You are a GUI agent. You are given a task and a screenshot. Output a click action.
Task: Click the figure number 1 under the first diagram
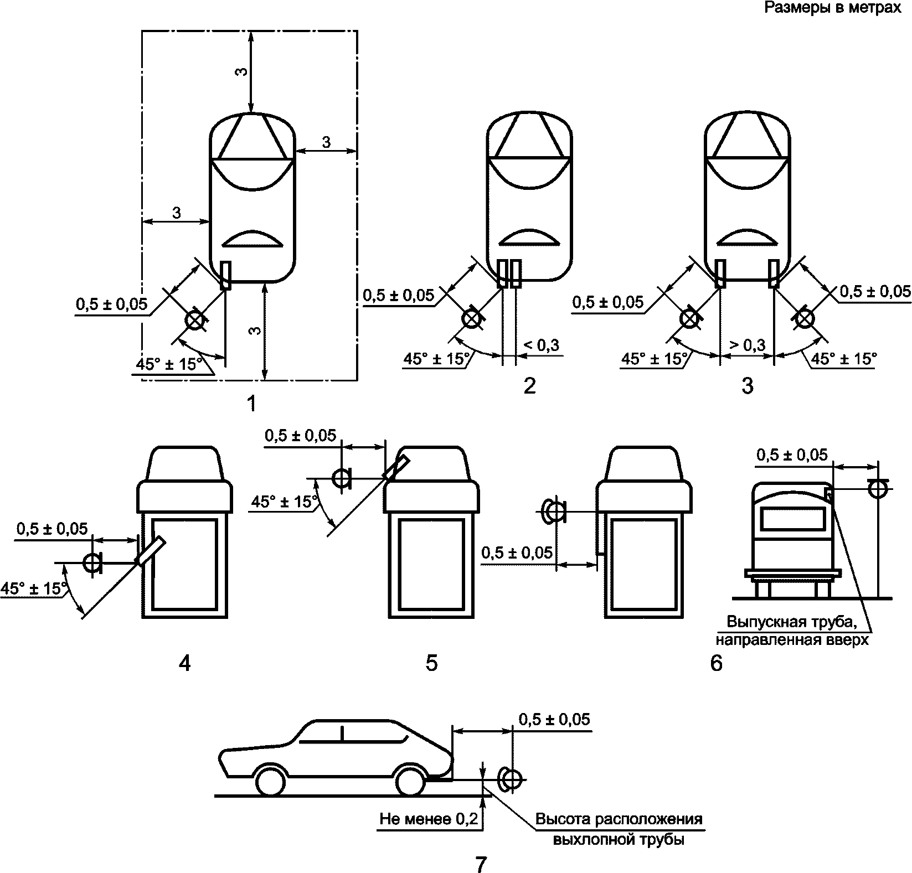[x=252, y=404]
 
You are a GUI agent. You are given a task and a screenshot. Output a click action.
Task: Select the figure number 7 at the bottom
[x=481, y=864]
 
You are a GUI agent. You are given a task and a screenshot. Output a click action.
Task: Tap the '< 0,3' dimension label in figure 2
[x=540, y=345]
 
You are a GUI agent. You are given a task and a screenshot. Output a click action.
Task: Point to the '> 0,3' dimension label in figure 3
[x=747, y=345]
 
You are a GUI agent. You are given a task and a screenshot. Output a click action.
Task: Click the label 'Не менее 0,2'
[x=428, y=819]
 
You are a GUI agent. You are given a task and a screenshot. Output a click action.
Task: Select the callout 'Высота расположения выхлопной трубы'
[x=619, y=828]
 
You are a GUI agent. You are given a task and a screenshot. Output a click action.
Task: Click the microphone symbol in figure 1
[x=194, y=321]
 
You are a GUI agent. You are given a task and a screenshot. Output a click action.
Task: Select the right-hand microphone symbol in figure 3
[x=803, y=318]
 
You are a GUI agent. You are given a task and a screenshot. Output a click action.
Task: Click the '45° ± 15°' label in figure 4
[x=34, y=588]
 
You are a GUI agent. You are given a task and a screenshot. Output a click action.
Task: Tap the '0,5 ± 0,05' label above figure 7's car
[x=554, y=719]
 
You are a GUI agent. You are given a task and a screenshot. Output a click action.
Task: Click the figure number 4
[x=185, y=662]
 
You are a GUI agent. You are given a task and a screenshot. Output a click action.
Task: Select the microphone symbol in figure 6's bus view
[x=877, y=488]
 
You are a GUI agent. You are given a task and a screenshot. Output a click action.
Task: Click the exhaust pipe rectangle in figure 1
[x=225, y=275]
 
